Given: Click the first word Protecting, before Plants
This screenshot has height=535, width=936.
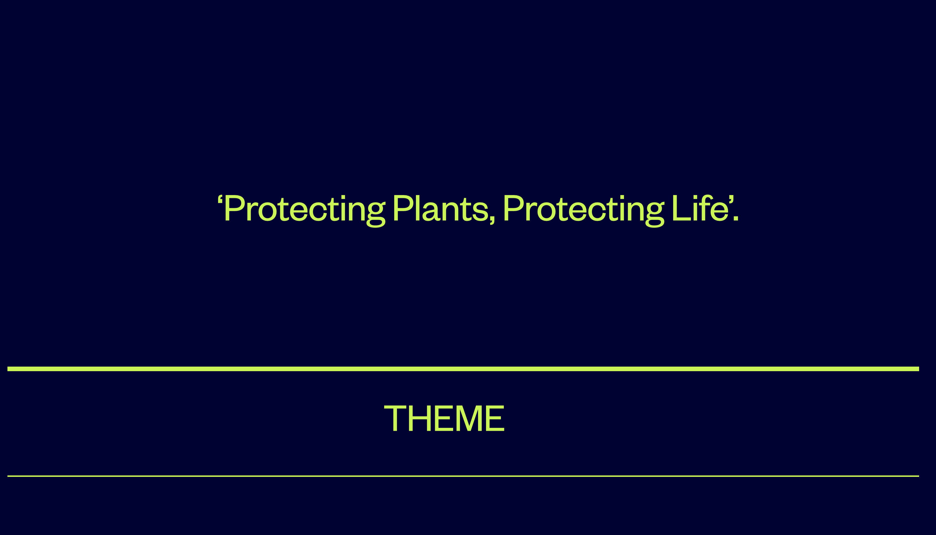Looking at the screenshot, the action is (x=305, y=211).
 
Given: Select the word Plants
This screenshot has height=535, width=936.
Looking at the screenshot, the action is (x=441, y=208).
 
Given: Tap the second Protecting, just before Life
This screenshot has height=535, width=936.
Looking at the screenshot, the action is (x=584, y=211).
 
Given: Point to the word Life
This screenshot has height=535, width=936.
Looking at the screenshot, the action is (x=700, y=208).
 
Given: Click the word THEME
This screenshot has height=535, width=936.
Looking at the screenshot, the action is (x=444, y=418).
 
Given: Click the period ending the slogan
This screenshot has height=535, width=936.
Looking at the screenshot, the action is (x=736, y=218).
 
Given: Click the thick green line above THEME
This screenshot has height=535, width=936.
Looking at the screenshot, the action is (x=463, y=369).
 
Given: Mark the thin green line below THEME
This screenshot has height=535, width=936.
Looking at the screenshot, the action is (x=463, y=476).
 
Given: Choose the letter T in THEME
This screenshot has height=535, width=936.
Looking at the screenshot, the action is (x=395, y=418).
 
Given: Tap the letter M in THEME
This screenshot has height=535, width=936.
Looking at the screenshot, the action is (x=468, y=418).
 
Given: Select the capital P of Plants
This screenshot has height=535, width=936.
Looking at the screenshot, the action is (x=403, y=208).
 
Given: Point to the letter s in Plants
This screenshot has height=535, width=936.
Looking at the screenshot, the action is (x=480, y=211).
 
